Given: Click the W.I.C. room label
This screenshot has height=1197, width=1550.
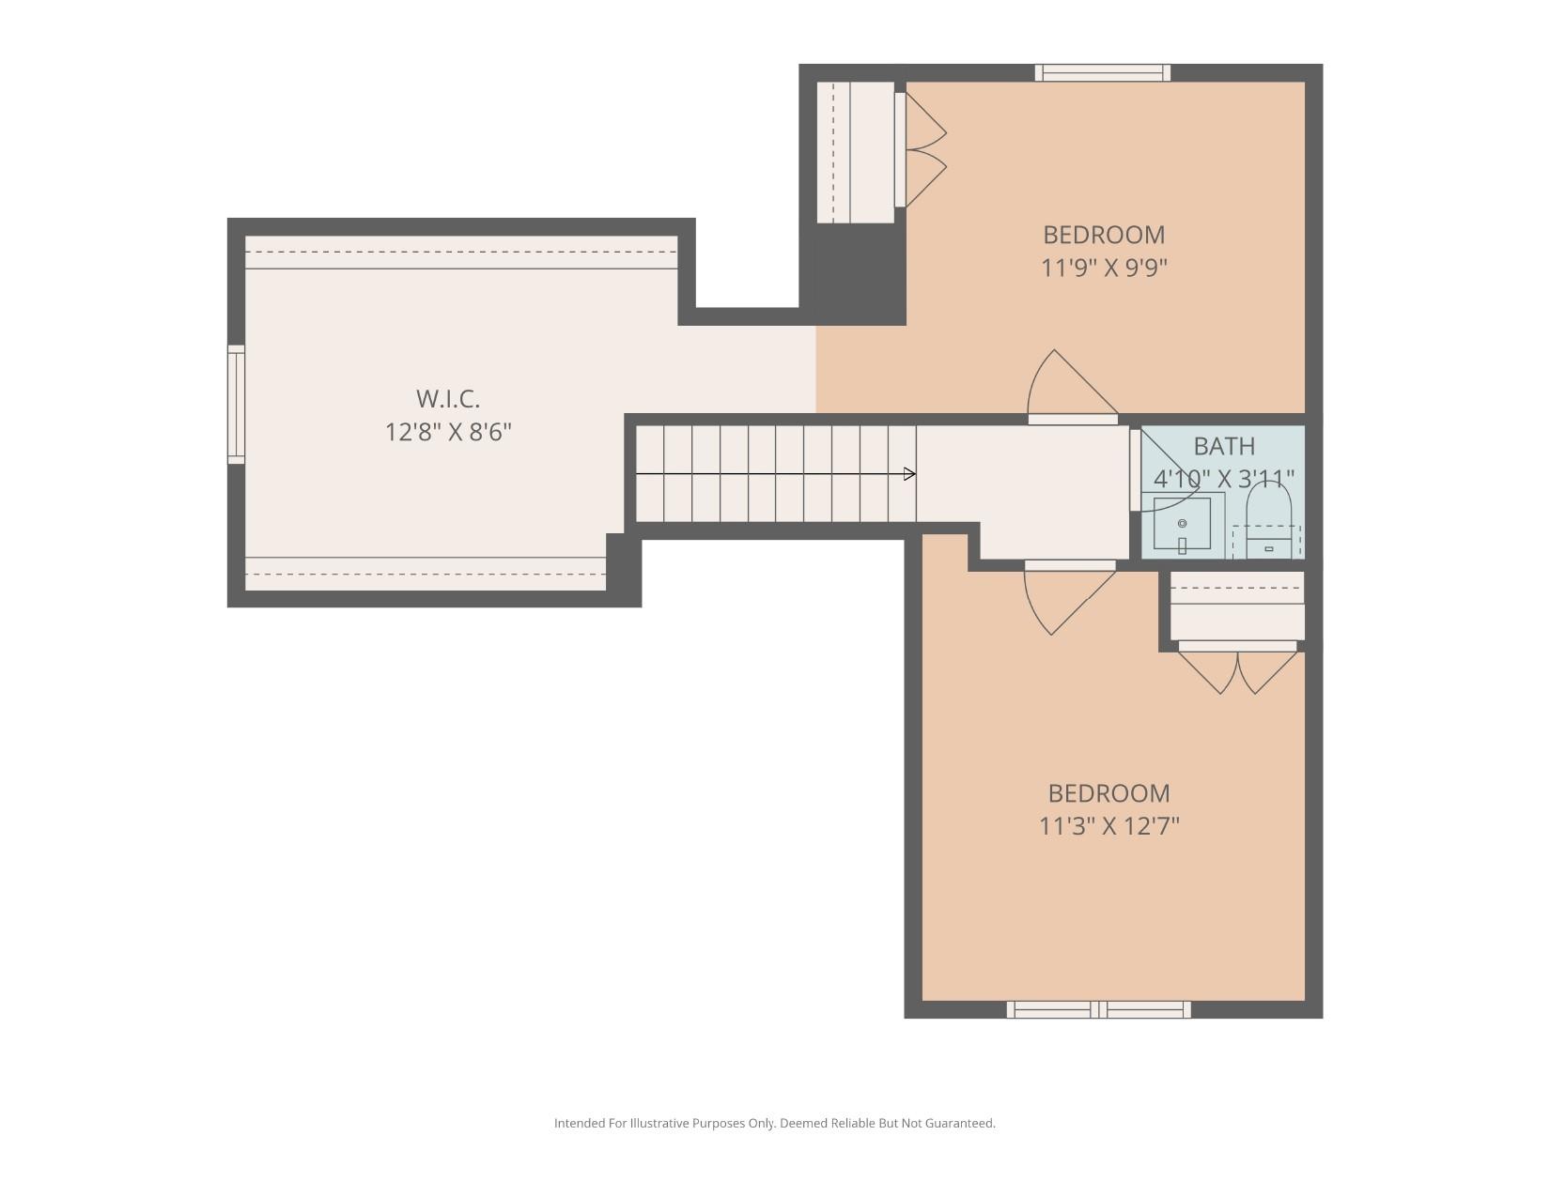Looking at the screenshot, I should (x=448, y=399).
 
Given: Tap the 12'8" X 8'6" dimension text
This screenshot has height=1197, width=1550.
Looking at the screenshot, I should (x=448, y=433).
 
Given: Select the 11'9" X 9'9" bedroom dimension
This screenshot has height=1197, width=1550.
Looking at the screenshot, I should (x=1104, y=269).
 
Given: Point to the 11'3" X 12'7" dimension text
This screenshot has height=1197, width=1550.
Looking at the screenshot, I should (x=1108, y=826).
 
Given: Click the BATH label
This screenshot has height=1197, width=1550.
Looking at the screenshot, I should (x=1224, y=446).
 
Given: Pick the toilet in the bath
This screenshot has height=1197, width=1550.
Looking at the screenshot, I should (x=1269, y=527).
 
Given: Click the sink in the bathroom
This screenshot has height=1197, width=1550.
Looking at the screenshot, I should (x=1182, y=524).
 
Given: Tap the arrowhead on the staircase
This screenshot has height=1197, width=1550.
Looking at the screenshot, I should (x=909, y=474).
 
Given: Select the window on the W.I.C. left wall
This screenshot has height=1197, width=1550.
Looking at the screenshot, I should (x=237, y=404).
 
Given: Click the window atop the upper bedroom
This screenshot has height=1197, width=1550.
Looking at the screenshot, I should (x=1103, y=72).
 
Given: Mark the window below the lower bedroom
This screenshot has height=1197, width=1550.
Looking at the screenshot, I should (x=1098, y=1009).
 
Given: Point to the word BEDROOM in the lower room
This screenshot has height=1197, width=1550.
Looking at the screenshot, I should (x=1108, y=793).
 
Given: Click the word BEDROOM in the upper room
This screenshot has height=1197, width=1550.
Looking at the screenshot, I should (x=1104, y=235).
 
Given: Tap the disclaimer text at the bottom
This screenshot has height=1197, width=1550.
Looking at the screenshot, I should (x=774, y=1123).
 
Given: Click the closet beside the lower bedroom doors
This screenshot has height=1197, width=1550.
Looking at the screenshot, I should (x=1237, y=606).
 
